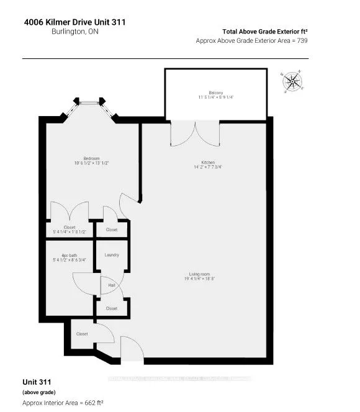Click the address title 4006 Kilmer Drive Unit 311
[x=74, y=22]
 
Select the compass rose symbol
[x=292, y=81]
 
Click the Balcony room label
[x=216, y=94]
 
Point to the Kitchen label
[x=204, y=163]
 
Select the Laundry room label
[x=112, y=254]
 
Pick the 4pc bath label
[x=69, y=256]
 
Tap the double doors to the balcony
[x=196, y=133]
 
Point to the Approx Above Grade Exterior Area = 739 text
[x=251, y=40]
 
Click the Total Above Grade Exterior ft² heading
[x=265, y=31]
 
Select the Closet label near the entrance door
[x=82, y=334]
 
